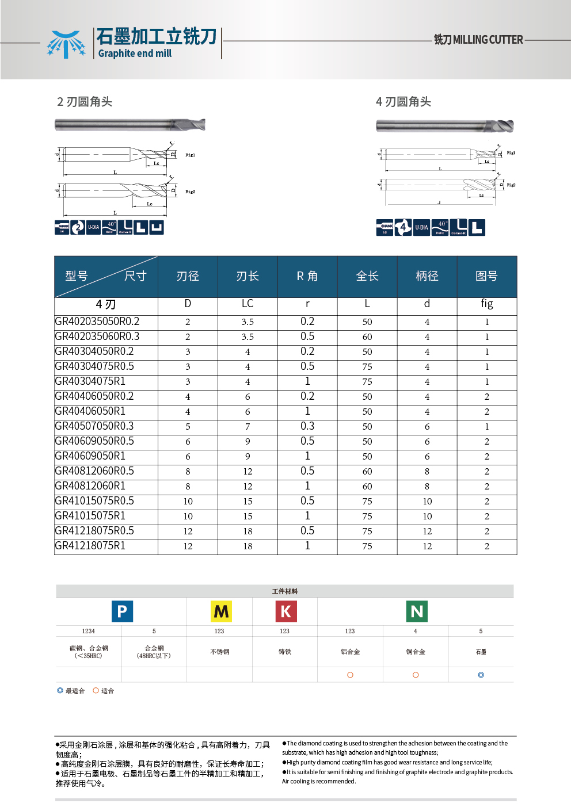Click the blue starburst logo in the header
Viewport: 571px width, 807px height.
[x=66, y=44]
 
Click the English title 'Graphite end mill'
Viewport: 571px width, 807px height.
[x=135, y=53]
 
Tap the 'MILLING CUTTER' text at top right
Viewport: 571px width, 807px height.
[x=488, y=40]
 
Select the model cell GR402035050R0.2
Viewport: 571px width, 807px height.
[x=97, y=322]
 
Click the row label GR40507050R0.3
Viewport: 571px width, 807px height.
[x=94, y=426]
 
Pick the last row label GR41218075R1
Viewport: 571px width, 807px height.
[x=90, y=546]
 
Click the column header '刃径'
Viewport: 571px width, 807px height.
[x=188, y=276]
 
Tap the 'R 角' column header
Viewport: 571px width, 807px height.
[x=307, y=276]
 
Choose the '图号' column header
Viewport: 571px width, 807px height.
[x=486, y=276]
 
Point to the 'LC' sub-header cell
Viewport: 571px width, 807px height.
[x=248, y=304]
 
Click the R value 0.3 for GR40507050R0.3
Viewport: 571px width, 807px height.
[x=307, y=426]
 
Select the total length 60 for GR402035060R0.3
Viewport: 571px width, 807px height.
[x=367, y=337]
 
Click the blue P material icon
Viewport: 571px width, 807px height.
[x=122, y=611]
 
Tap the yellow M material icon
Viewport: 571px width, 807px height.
[x=221, y=611]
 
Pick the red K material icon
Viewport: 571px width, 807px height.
[x=285, y=611]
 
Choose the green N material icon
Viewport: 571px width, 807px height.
[x=417, y=611]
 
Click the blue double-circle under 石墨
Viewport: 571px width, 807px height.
[x=481, y=675]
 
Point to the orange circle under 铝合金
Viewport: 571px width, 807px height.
[x=350, y=675]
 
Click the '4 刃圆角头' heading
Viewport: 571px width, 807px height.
[x=403, y=102]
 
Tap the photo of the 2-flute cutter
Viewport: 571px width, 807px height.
[x=130, y=125]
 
